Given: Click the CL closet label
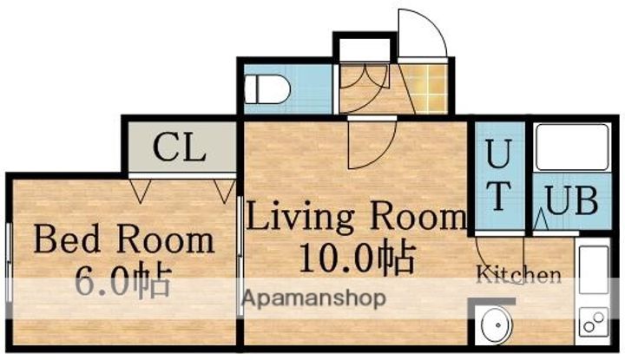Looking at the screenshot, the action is tap(179, 147).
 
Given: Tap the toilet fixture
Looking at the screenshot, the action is tap(266, 88).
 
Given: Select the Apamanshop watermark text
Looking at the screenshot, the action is tap(314, 298).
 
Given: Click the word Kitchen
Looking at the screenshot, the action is tap(519, 274).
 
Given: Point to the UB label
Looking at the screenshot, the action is tap(571, 200).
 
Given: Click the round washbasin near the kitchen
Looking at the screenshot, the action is tap(497, 325).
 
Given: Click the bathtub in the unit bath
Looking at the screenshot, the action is tap(572, 147).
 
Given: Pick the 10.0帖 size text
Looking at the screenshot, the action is tap(358, 257).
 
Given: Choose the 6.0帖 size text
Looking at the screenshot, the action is tap(123, 282).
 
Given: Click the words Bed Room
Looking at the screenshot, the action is tap(124, 239).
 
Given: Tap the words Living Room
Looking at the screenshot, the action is tap(356, 217).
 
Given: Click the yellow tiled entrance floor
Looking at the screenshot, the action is tap(425, 88).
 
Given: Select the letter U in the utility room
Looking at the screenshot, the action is tap(498, 154).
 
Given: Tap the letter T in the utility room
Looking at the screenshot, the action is tap(498, 196).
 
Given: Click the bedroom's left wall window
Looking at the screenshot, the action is tap(9, 262).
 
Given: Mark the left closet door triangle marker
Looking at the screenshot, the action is tap(141, 191).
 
